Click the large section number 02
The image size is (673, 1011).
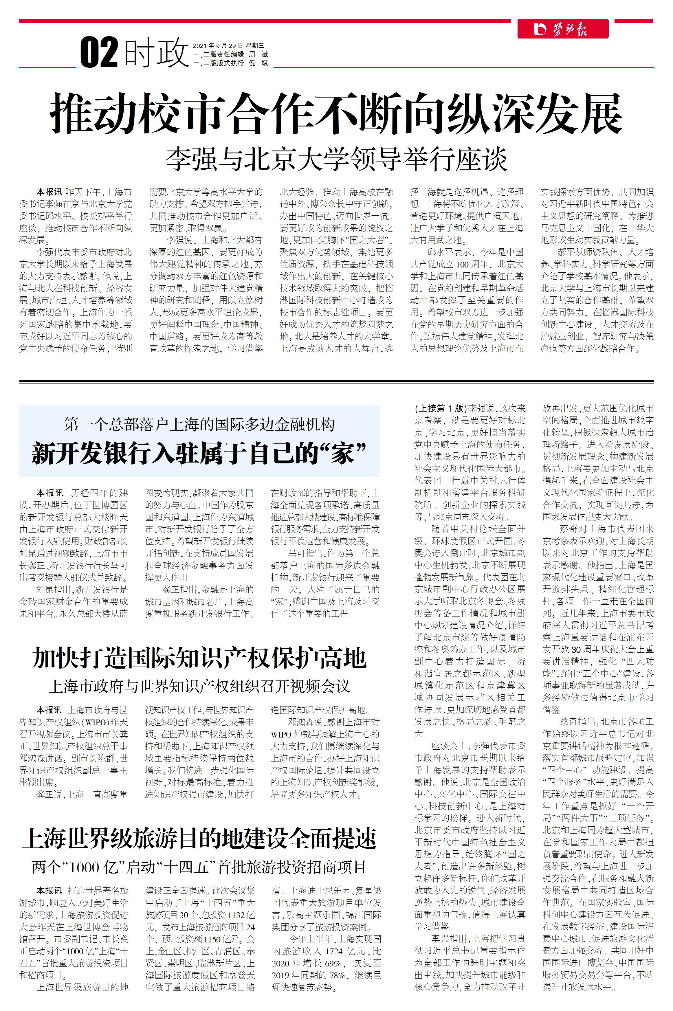tap(99, 52)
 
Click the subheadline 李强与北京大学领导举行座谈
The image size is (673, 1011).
tap(336, 159)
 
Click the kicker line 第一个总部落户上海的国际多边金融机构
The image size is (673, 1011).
tap(199, 425)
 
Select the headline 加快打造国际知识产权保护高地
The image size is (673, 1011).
tap(199, 658)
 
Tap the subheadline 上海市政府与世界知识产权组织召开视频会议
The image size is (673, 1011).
tap(199, 686)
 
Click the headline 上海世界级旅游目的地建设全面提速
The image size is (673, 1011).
tap(199, 838)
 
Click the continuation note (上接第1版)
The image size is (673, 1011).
tap(440, 408)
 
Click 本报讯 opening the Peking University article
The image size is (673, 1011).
tap(49, 192)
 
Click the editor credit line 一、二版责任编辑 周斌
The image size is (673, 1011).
tap(230, 54)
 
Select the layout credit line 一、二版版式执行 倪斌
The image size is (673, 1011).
tap(230, 63)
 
